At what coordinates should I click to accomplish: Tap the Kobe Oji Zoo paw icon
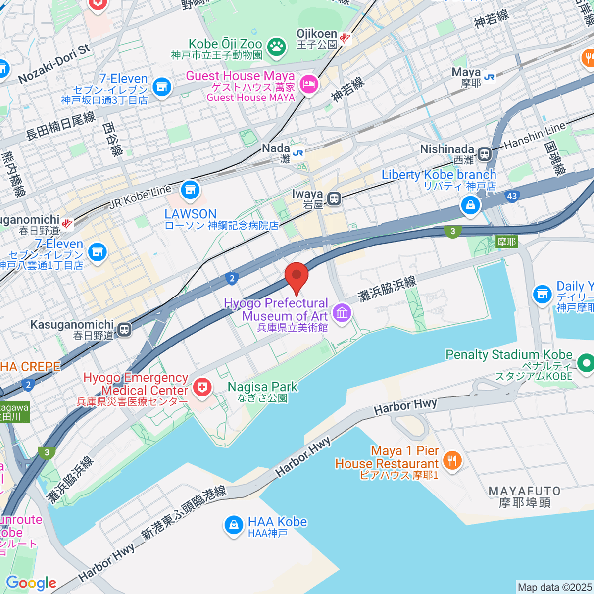pos(276,48)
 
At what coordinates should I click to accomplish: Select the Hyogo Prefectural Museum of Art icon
pos(342,312)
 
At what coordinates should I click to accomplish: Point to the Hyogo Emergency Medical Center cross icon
pos(202,387)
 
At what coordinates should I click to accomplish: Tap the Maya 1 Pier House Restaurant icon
pos(452,460)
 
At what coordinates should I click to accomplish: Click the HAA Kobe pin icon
pos(233,526)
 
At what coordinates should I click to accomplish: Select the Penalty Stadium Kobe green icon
pos(586,362)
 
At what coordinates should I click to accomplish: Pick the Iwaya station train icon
pos(335,199)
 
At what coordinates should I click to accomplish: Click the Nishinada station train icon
pos(485,154)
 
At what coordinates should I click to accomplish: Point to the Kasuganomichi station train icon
pos(125,329)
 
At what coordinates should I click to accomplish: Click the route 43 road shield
pos(512,196)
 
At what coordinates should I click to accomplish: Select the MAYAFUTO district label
pos(524,491)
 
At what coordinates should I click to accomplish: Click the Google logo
pos(31,583)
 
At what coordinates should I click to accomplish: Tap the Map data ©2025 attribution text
pos(554,587)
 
